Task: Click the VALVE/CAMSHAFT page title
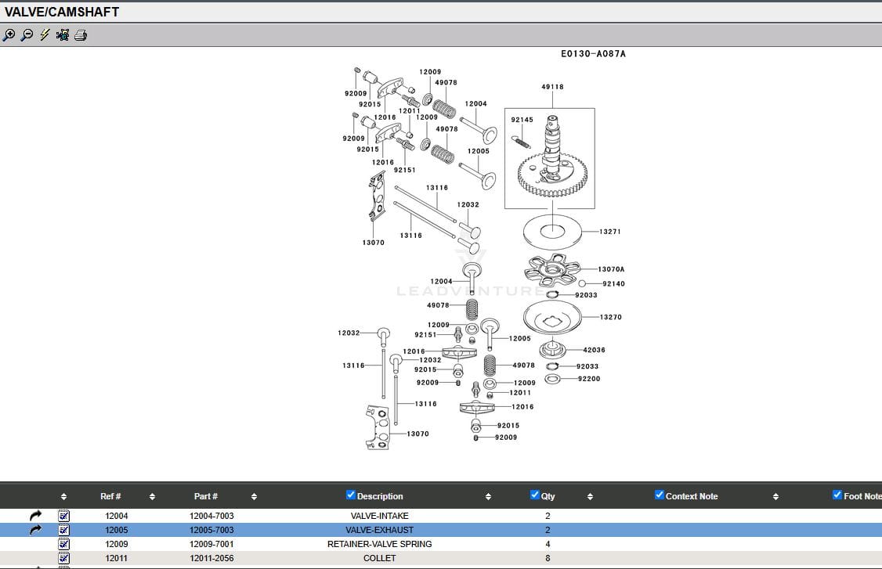tap(62, 12)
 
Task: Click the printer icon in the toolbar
tap(80, 35)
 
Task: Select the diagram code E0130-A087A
tap(593, 54)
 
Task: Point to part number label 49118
tap(552, 87)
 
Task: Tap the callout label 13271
tap(610, 232)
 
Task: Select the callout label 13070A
tap(611, 269)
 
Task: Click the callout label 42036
tap(594, 350)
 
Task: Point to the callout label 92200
tap(589, 379)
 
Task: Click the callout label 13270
tap(610, 317)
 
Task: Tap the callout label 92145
tap(522, 120)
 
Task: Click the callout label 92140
tap(613, 284)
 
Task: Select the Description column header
tap(380, 496)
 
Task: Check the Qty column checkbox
tap(535, 495)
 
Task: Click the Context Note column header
tap(691, 496)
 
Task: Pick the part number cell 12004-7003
tap(211, 516)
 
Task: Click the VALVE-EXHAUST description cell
tap(380, 530)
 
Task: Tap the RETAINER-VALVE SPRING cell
tap(380, 544)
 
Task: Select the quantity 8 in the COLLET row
tap(548, 558)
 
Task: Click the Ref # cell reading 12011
tap(117, 558)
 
